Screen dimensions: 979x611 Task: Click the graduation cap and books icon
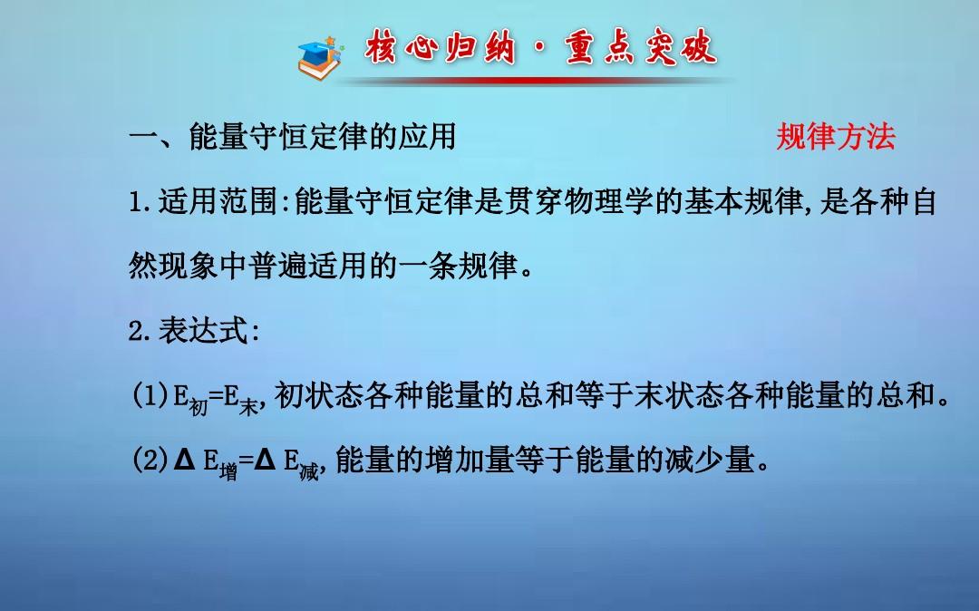pyautogui.click(x=320, y=57)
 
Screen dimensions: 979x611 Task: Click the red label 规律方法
pyautogui.click(x=836, y=137)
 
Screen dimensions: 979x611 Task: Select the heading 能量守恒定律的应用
pyautogui.click(x=323, y=137)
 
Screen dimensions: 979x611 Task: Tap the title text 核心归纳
pyautogui.click(x=441, y=47)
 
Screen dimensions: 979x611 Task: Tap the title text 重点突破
pyautogui.click(x=641, y=47)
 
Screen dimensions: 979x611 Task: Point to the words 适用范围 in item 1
pyautogui.click(x=218, y=201)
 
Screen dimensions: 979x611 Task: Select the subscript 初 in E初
pyautogui.click(x=198, y=407)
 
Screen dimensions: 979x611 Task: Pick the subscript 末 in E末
pyautogui.click(x=248, y=407)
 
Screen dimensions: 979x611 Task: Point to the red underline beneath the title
pyautogui.click(x=537, y=81)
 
